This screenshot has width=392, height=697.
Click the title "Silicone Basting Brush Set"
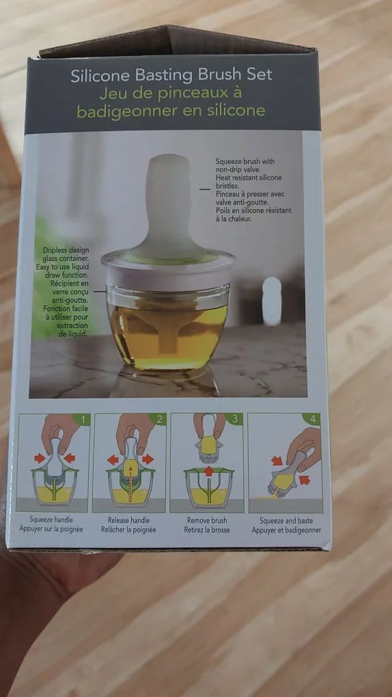click(171, 75)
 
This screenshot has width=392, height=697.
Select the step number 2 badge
click(158, 419)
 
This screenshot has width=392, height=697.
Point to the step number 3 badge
click(235, 419)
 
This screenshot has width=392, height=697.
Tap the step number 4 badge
click(312, 419)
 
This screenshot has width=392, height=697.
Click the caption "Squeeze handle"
click(51, 519)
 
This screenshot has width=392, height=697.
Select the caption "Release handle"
click(128, 519)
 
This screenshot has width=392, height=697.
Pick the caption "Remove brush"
click(207, 519)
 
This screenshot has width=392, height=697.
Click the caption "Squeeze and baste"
click(286, 520)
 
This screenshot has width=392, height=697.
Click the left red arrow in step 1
click(40, 458)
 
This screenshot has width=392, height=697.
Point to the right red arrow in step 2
click(148, 459)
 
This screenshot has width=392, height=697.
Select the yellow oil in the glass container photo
click(169, 338)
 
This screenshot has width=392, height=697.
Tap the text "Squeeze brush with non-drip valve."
click(242, 165)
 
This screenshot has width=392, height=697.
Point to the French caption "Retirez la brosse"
click(207, 530)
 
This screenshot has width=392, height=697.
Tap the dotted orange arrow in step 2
click(129, 482)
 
